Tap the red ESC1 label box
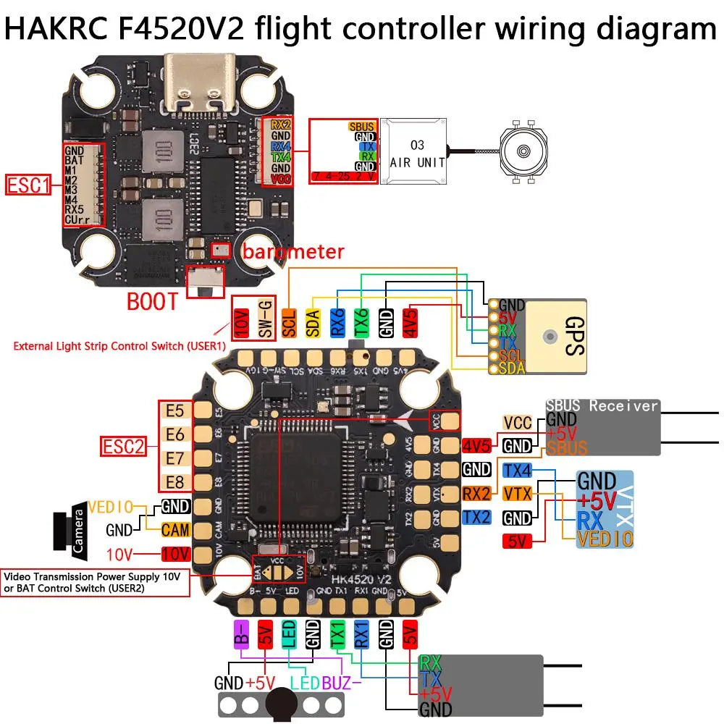[28, 185]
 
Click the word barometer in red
[292, 252]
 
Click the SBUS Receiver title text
[602, 405]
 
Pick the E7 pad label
[175, 458]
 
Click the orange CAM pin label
[175, 530]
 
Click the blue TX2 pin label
[476, 517]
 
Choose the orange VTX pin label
[518, 494]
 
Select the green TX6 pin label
[361, 319]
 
